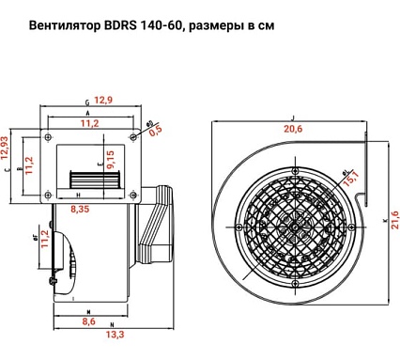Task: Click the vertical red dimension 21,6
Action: point(394,222)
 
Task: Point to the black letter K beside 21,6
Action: point(386,222)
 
